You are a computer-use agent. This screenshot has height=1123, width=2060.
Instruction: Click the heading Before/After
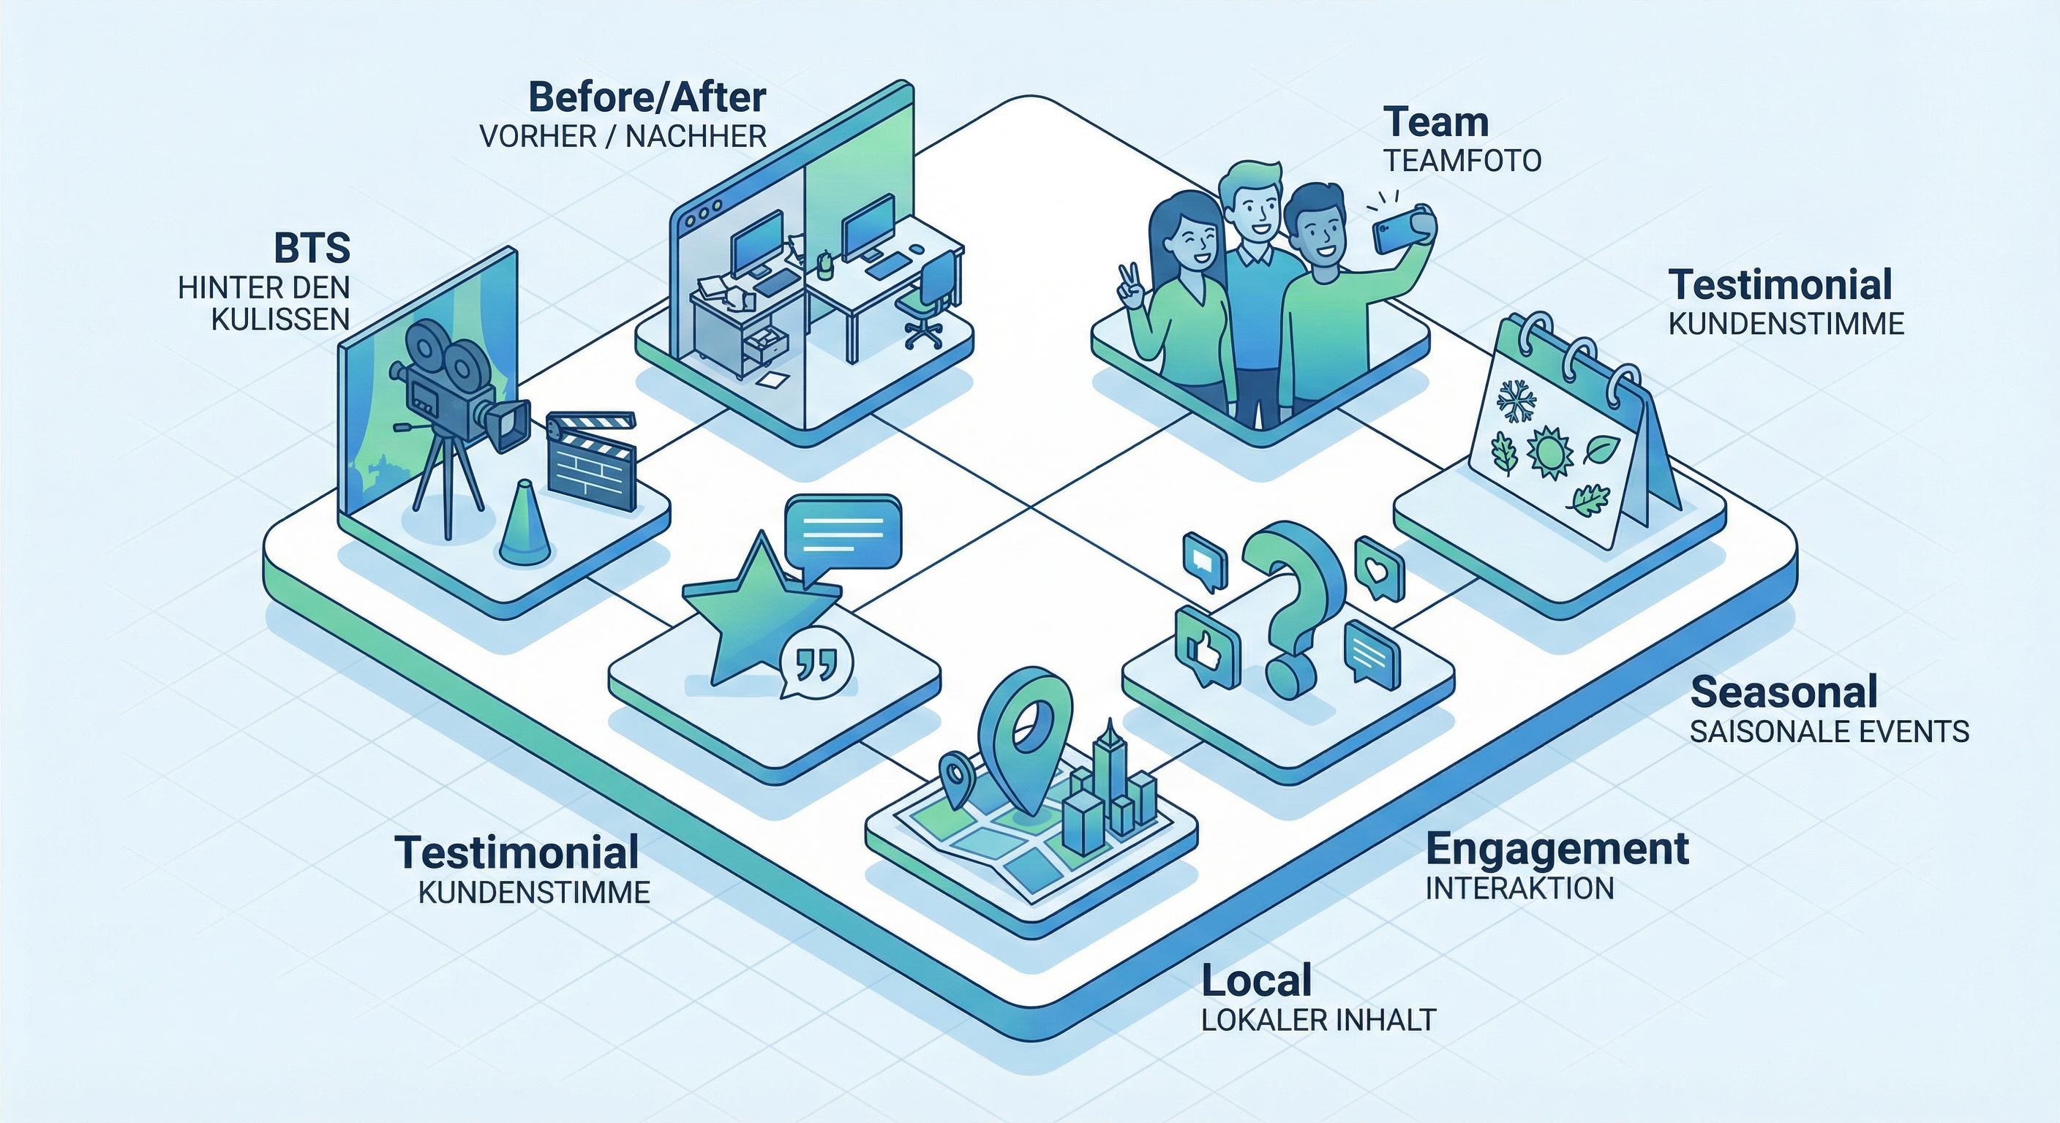[647, 98]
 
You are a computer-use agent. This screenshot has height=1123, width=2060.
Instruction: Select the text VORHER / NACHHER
[623, 137]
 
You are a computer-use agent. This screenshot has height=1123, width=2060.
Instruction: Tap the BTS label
[312, 249]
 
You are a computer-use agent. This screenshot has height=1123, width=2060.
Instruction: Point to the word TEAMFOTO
[1462, 162]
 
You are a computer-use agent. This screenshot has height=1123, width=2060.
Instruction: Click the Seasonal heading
[1783, 692]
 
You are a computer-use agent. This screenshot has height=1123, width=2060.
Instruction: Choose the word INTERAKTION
[1519, 888]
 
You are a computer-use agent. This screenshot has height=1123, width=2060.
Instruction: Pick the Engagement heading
[1557, 849]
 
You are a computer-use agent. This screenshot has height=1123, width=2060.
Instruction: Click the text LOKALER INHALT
[1319, 1020]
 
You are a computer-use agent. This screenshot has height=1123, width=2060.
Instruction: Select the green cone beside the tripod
[525, 521]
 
